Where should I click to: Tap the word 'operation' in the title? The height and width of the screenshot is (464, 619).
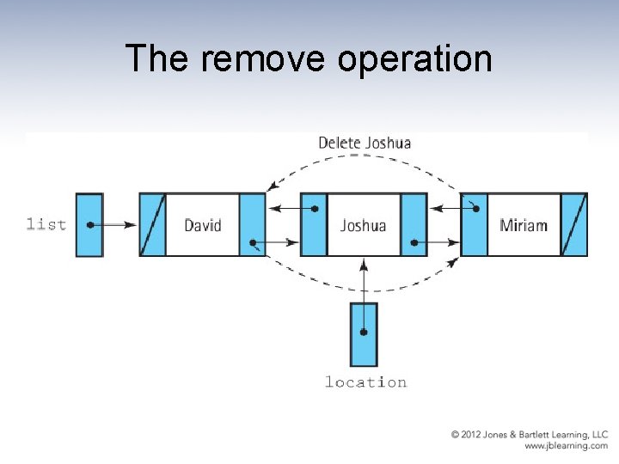414,60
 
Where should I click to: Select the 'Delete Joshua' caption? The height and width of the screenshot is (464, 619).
365,143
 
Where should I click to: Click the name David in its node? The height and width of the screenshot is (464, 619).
203,225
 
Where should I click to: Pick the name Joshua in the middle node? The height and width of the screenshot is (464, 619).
363,225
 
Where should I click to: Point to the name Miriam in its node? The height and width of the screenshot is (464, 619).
524,225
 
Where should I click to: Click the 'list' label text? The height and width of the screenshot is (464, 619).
46,224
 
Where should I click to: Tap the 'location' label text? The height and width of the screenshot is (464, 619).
365,382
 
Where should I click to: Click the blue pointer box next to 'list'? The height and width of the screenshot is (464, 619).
89,224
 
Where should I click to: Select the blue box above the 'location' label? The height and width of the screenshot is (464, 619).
364,334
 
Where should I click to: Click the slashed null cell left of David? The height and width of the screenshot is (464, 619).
152,224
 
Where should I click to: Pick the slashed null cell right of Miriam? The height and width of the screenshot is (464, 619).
574,224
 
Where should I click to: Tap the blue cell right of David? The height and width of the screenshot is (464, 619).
253,224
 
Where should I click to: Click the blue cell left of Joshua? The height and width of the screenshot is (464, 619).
314,224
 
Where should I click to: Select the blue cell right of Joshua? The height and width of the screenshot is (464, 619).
414,224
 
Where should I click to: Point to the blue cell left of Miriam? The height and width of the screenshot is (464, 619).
475,224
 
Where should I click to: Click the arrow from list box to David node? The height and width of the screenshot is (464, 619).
114,225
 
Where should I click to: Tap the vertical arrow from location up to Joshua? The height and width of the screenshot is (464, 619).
364,284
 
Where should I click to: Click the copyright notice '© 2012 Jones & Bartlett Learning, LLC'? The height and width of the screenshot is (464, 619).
530,435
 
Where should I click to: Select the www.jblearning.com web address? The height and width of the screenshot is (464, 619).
565,446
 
